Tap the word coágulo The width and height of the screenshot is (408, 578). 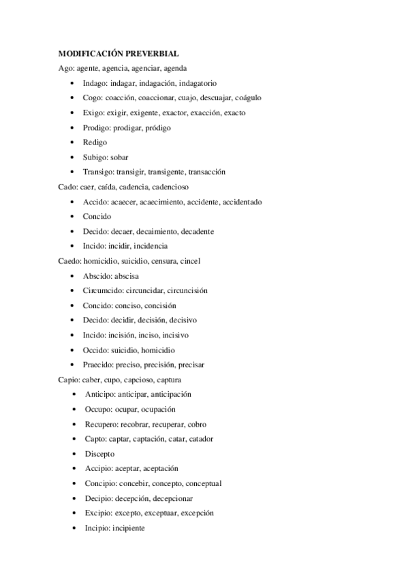(x=243, y=97)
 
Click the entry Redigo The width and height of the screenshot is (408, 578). (x=95, y=142)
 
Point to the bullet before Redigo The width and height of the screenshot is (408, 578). (x=73, y=142)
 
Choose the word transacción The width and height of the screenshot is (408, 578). (x=202, y=172)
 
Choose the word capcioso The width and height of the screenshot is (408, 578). (x=138, y=380)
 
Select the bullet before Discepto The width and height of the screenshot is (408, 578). (x=73, y=454)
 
